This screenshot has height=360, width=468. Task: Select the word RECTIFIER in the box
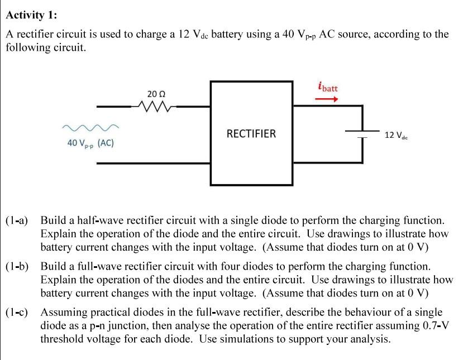[x=251, y=134]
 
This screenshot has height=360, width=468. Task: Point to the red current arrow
[x=327, y=100]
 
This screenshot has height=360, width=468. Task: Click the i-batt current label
[x=328, y=87]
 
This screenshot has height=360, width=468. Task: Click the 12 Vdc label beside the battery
[x=397, y=135]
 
